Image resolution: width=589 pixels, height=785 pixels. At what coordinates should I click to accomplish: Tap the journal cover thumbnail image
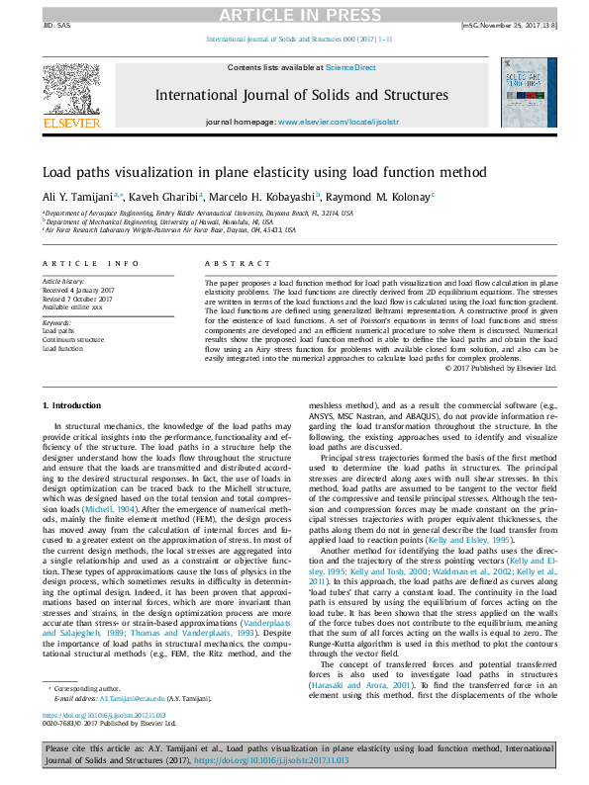pos(530,96)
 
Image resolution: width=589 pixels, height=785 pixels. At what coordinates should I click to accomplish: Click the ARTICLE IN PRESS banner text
pos(294,13)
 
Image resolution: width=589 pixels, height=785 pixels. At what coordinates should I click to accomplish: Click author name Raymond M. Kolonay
pos(383,198)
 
